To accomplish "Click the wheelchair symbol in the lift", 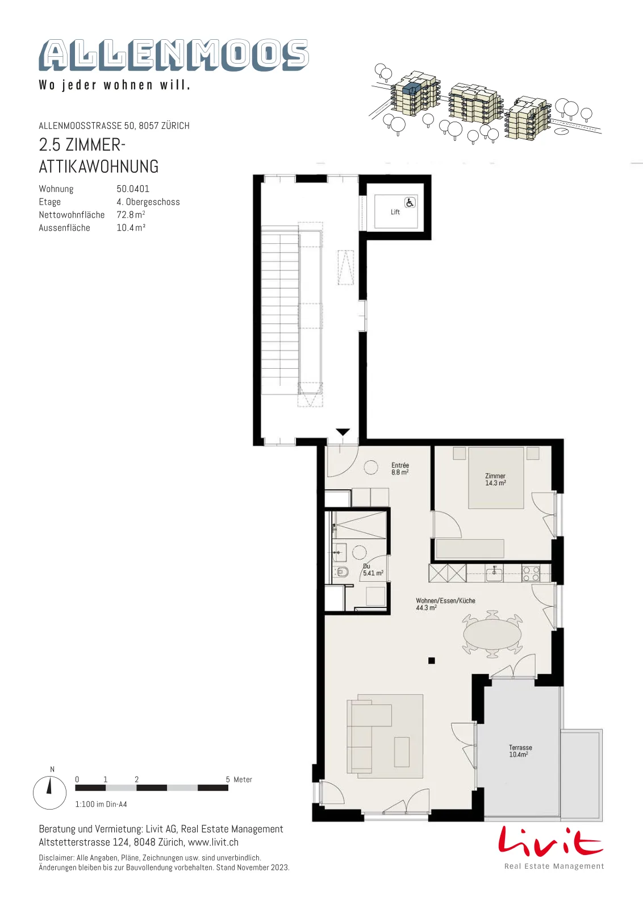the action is pyautogui.click(x=410, y=202).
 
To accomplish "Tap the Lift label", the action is pyautogui.click(x=395, y=212).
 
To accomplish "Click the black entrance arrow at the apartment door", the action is pyautogui.click(x=343, y=432).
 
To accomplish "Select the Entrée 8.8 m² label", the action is pyautogui.click(x=400, y=469).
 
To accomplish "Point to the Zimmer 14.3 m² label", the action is pyautogui.click(x=495, y=479).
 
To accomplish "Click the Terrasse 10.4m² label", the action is pyautogui.click(x=520, y=750).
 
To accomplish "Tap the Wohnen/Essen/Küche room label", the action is pyautogui.click(x=445, y=604).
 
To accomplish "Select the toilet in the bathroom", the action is pyautogui.click(x=341, y=572).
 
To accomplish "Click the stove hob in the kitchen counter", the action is pyautogui.click(x=531, y=573).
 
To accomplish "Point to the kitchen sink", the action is pyautogui.click(x=494, y=574).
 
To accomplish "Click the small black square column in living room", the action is pyautogui.click(x=431, y=661).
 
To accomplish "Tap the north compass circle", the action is pyautogui.click(x=49, y=793).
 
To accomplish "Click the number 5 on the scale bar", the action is pyautogui.click(x=228, y=779).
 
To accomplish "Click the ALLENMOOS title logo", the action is pyautogui.click(x=174, y=55).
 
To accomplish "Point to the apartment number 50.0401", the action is pyautogui.click(x=133, y=189).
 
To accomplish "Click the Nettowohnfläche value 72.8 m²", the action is pyautogui.click(x=131, y=215).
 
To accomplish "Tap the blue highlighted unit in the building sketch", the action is pyautogui.click(x=411, y=88).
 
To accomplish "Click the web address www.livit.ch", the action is pyautogui.click(x=213, y=842).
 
